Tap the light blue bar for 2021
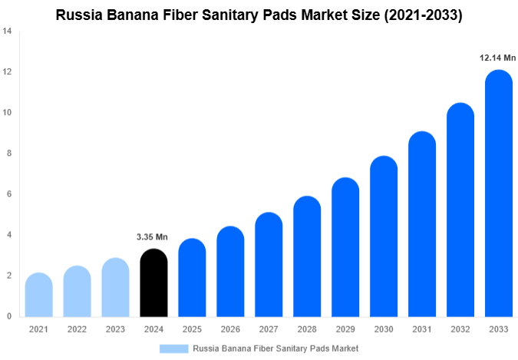point(38,295)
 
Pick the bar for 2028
point(307,256)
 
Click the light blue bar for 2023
point(115,287)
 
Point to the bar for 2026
point(230,272)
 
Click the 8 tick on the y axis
point(8,154)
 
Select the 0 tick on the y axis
point(8,316)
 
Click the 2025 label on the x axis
point(192,329)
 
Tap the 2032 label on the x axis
point(460,329)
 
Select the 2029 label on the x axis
point(345,329)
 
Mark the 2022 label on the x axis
point(77,329)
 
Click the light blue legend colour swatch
point(173,348)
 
